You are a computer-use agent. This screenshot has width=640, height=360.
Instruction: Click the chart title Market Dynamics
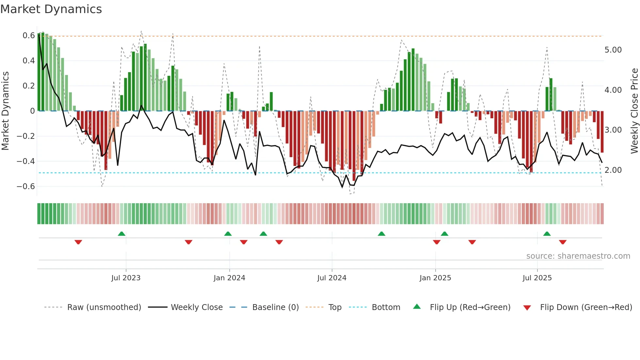click(x=51, y=9)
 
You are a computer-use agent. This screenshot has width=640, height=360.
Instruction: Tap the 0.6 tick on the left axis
click(x=28, y=35)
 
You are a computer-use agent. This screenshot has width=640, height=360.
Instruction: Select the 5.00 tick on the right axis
click(x=613, y=50)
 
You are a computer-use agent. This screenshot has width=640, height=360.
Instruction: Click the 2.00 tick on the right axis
click(x=613, y=170)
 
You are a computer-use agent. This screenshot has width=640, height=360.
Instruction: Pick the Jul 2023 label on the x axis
click(x=126, y=278)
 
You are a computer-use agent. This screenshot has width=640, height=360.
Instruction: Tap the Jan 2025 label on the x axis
click(x=435, y=278)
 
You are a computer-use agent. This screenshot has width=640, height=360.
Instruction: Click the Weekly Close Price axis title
click(x=634, y=111)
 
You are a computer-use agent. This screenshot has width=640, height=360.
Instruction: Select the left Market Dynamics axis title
click(x=5, y=111)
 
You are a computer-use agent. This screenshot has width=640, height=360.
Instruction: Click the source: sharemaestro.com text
click(x=578, y=256)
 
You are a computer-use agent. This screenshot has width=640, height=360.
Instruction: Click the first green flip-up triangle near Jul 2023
click(x=121, y=234)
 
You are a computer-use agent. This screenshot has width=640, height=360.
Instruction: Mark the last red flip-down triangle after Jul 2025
click(x=562, y=242)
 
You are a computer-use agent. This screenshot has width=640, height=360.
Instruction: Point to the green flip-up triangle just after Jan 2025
click(x=444, y=234)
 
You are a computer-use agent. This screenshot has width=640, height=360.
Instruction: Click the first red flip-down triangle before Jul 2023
click(x=78, y=242)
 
